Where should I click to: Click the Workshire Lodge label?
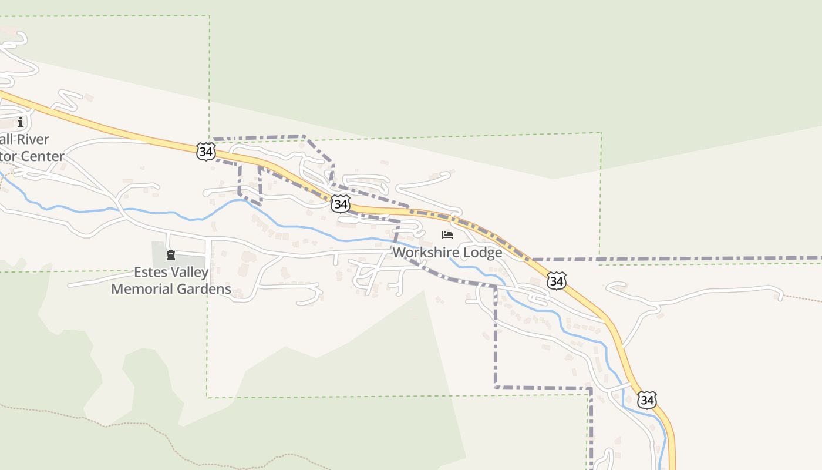click(x=447, y=253)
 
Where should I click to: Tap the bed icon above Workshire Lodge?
click(x=447, y=235)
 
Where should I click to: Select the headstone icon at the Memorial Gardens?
click(x=171, y=255)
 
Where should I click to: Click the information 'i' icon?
click(x=21, y=122)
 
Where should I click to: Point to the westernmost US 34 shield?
click(x=206, y=152)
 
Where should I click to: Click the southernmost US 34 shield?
click(x=646, y=400)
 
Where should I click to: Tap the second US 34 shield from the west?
click(x=341, y=204)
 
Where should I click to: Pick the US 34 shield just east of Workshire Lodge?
click(x=556, y=281)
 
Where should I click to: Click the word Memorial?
click(x=145, y=289)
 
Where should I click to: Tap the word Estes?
click(x=150, y=273)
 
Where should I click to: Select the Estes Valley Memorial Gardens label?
click(x=171, y=281)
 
